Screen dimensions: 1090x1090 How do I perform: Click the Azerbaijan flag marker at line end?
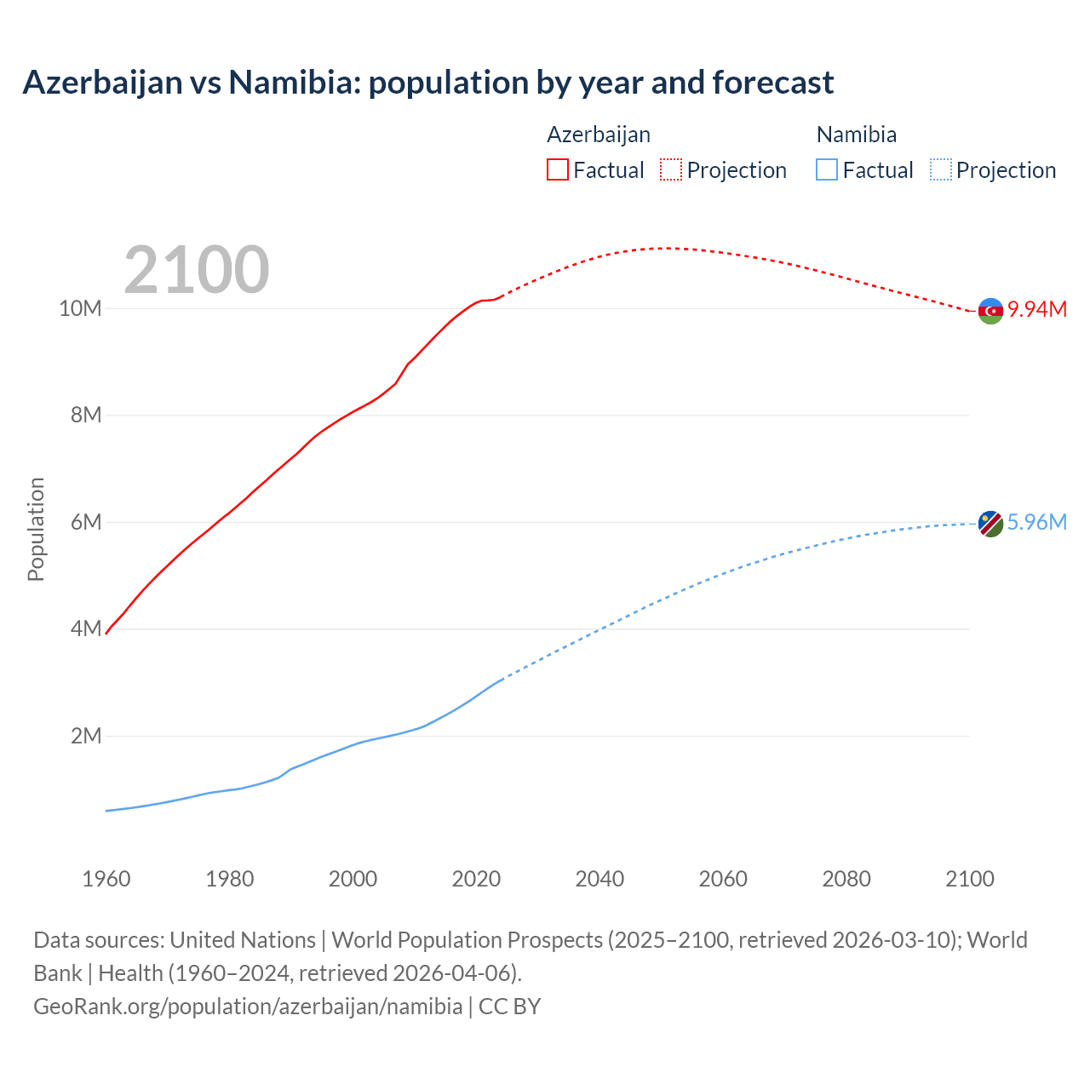click(x=990, y=311)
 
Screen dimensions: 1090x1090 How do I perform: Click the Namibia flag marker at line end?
click(x=990, y=524)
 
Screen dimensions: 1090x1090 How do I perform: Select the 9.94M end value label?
click(x=1037, y=309)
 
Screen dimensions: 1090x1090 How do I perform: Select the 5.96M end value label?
click(x=1037, y=522)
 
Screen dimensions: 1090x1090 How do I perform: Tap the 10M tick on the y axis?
click(x=80, y=308)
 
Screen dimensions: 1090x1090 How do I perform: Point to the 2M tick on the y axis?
click(x=86, y=736)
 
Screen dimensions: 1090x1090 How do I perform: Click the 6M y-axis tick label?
click(x=86, y=522)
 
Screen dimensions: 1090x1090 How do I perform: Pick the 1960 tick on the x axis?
click(x=106, y=879)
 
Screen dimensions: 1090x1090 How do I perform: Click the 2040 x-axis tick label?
click(x=599, y=879)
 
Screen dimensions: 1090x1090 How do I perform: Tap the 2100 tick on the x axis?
click(x=970, y=879)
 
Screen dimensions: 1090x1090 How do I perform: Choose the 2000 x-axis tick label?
click(x=353, y=879)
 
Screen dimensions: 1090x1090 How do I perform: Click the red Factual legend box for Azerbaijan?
click(x=558, y=169)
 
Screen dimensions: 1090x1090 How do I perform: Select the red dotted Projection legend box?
click(x=671, y=169)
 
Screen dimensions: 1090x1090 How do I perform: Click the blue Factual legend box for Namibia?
click(x=827, y=169)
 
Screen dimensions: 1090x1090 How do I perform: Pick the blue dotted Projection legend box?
click(x=941, y=169)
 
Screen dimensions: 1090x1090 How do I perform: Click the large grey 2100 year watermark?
click(x=197, y=270)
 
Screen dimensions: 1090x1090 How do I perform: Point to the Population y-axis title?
click(x=36, y=529)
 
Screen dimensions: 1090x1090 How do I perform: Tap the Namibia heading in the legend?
click(x=856, y=135)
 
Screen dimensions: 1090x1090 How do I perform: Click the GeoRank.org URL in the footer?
click(x=248, y=1007)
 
